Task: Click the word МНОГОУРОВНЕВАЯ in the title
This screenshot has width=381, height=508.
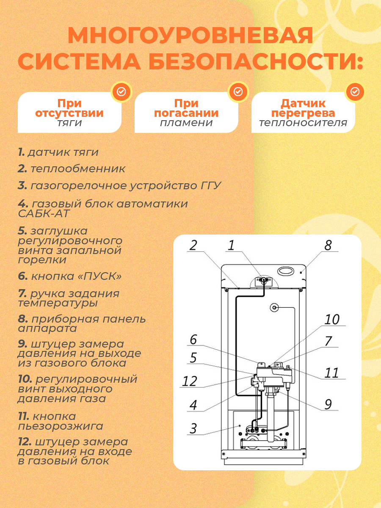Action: (x=190, y=36)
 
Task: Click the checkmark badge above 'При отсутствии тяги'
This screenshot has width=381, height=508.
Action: (x=121, y=91)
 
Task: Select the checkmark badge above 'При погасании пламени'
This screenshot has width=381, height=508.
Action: (x=238, y=91)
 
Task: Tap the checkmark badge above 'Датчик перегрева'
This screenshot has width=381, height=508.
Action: (x=355, y=91)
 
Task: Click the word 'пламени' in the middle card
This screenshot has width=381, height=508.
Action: (x=186, y=123)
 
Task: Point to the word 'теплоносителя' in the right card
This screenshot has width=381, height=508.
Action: (x=303, y=123)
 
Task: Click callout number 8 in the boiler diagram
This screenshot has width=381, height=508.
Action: (x=328, y=246)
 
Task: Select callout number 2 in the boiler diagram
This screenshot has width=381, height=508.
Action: (x=193, y=246)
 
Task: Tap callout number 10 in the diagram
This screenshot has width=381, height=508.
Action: (x=332, y=320)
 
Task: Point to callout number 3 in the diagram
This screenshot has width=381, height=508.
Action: (x=193, y=428)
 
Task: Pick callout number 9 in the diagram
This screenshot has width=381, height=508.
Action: (x=328, y=404)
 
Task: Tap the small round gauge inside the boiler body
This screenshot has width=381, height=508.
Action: (x=274, y=307)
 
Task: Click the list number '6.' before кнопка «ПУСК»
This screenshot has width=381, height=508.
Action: (x=23, y=276)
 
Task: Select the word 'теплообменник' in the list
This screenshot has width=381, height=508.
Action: (x=78, y=169)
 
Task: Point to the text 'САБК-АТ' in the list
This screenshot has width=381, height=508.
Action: (x=44, y=213)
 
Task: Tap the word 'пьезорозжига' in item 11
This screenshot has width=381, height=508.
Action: (x=61, y=426)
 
